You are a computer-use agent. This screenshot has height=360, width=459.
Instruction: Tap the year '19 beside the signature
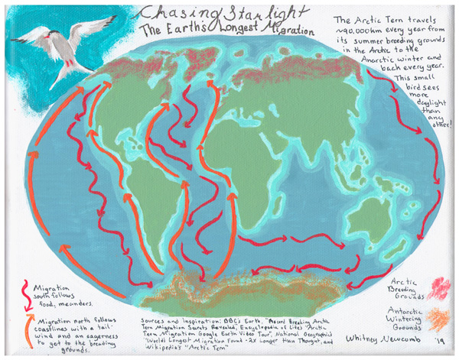pos(443,337)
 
